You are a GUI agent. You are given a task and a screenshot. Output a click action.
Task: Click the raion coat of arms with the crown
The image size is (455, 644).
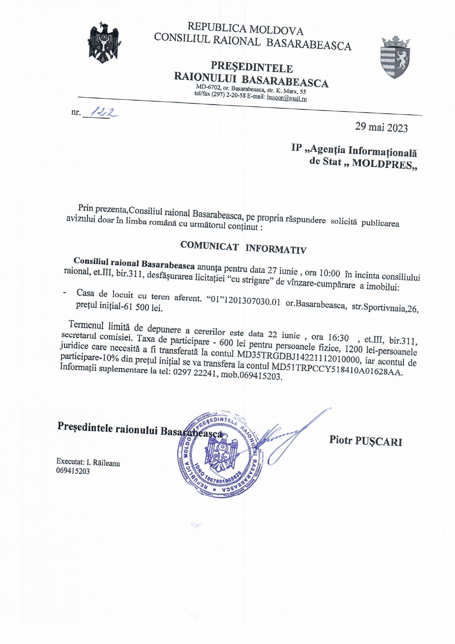[x=395, y=57]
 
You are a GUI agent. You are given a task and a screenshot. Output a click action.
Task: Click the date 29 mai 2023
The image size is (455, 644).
[x=381, y=127]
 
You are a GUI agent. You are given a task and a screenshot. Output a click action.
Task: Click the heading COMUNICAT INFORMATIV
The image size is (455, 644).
[x=243, y=248]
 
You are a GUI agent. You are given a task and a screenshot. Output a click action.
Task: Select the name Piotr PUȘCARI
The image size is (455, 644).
[x=365, y=440]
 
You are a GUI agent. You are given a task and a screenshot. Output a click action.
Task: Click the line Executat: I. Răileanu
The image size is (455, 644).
[x=88, y=462]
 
